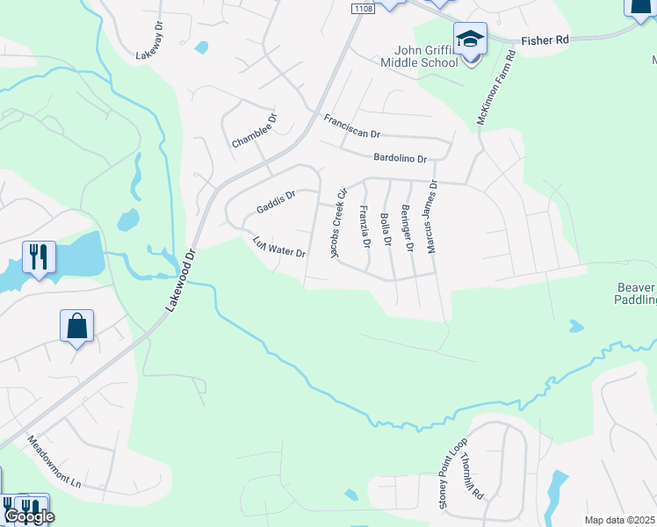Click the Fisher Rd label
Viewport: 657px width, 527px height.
click(x=545, y=40)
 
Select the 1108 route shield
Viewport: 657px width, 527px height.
click(x=361, y=7)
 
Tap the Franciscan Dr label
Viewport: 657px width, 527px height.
click(x=351, y=126)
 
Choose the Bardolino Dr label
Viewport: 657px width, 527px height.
click(x=400, y=159)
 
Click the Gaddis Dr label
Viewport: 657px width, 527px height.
click(x=276, y=201)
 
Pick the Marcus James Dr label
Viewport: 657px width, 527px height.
click(x=431, y=216)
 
